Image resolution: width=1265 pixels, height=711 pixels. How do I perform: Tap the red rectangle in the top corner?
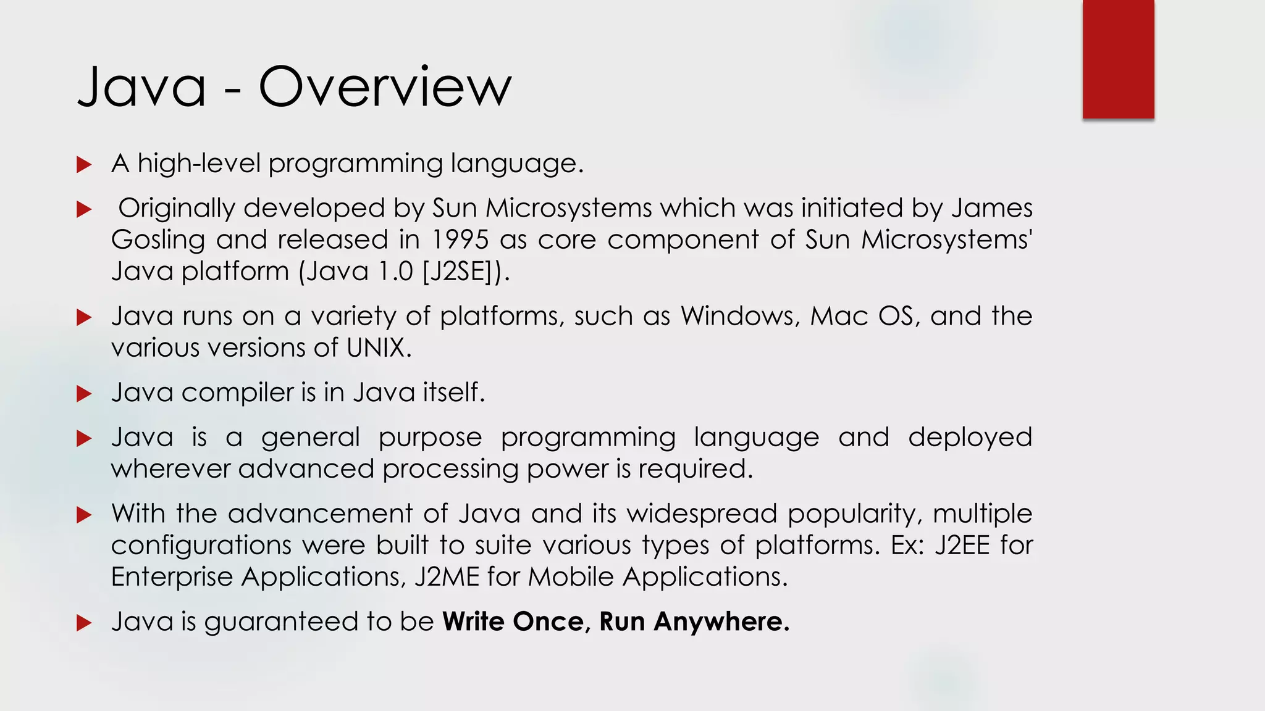pos(1118,59)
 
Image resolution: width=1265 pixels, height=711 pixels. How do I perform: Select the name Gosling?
pos(158,239)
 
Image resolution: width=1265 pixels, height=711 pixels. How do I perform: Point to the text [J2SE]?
pos(462,271)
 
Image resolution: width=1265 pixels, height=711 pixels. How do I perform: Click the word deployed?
pos(970,438)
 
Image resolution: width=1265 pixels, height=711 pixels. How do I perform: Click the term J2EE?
pos(962,545)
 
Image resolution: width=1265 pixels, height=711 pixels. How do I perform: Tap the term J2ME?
pos(447,576)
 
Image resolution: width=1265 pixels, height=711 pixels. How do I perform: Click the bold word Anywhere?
pos(721,622)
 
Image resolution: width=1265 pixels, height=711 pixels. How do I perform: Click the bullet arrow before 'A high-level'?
pos(84,165)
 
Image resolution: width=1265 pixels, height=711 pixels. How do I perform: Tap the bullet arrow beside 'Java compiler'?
pos(84,394)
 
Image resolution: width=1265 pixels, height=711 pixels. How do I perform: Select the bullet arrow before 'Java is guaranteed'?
pos(84,623)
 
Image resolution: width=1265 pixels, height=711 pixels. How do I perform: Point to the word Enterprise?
pos(172,576)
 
